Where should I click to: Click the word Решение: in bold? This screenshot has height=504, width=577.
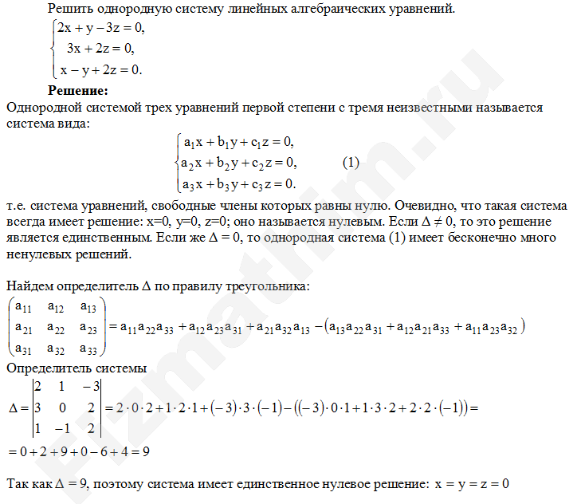[x=78, y=90]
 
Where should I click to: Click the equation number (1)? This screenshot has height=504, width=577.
[x=351, y=163]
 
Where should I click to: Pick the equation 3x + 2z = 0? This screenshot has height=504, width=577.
[x=100, y=49]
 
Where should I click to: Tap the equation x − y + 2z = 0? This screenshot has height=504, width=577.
[x=100, y=69]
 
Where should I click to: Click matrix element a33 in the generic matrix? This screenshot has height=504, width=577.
[x=89, y=348]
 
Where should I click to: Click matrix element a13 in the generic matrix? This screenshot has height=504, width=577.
[x=89, y=307]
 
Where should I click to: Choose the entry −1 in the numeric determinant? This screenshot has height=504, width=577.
[x=58, y=428]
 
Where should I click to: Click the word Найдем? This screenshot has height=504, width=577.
[x=29, y=285]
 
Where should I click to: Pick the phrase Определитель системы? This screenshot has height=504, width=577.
[x=76, y=368]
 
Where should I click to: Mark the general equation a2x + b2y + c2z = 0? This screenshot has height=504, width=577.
[x=238, y=163]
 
